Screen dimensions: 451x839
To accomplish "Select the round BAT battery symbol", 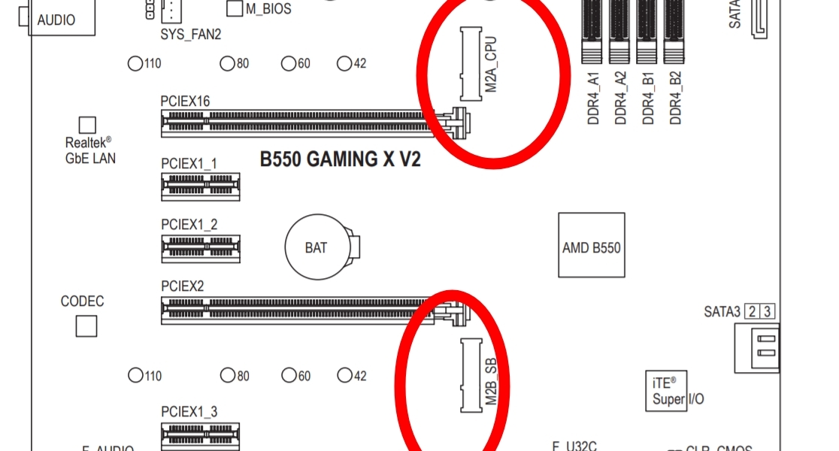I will pos(317,247).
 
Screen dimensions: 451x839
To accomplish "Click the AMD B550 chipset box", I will pos(592,247).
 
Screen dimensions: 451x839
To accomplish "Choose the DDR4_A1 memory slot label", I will pos(593,98).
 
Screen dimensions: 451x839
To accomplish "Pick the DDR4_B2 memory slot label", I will pos(675,98).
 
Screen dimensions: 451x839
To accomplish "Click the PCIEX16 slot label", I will pos(185,101).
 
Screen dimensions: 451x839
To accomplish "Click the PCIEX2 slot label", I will pos(183,286).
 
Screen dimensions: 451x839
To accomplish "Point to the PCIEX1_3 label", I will pos(189,411).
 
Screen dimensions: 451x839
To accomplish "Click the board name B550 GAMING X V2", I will pos(340,159).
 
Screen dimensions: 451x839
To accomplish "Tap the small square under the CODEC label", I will pos(87,326).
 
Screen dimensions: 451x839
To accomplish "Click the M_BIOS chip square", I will pos(235,9).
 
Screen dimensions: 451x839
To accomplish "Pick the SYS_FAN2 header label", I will pos(191,34).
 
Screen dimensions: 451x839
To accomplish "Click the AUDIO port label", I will pos(56,20).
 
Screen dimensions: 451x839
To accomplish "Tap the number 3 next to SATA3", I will pos(768,310).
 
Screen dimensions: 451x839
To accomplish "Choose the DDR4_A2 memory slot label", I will pos(620,98).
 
